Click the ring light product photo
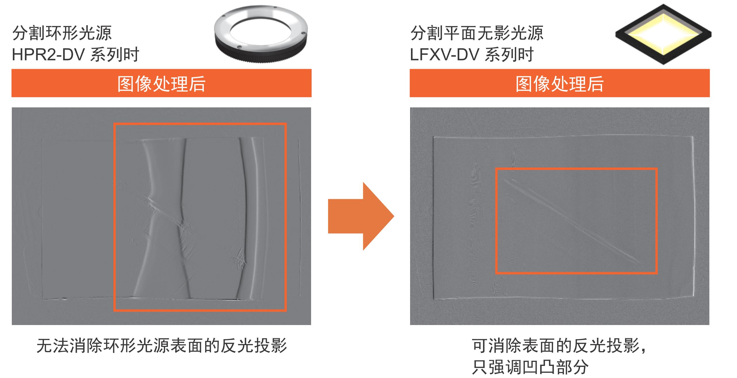(261, 34)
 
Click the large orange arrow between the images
(361, 216)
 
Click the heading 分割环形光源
(62, 33)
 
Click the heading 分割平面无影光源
(477, 33)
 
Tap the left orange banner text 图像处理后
(161, 84)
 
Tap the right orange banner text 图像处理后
(560, 84)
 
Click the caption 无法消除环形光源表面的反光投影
(162, 345)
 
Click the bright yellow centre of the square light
(663, 34)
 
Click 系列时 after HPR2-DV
(115, 54)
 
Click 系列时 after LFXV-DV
(509, 54)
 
